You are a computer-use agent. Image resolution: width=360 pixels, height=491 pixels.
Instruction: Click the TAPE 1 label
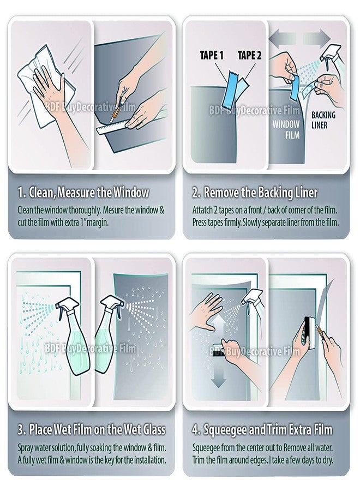(x=211, y=55)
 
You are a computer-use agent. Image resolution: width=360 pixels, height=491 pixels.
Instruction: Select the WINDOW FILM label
(x=285, y=129)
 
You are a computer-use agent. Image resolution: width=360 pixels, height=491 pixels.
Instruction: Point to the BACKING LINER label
(x=323, y=120)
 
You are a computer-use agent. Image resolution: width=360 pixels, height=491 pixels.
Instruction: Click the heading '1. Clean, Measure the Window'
(x=83, y=193)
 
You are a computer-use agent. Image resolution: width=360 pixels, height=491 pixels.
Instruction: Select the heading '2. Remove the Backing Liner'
(x=255, y=193)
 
